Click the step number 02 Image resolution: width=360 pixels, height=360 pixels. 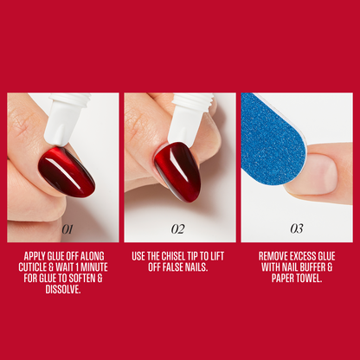178,229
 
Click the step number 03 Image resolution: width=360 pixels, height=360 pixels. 296,229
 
